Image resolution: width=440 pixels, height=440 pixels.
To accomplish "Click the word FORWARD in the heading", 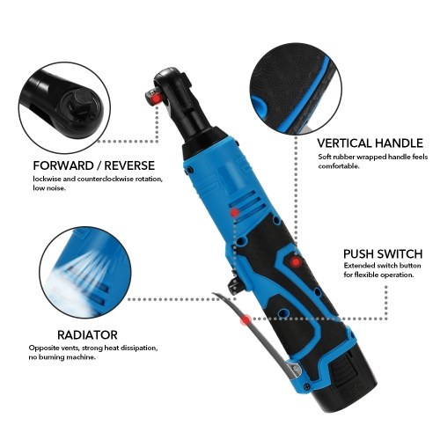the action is [x=63, y=165].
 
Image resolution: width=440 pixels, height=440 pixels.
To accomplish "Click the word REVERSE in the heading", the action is [x=129, y=165].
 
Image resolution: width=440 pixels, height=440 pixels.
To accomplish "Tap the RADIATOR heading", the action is [x=87, y=334].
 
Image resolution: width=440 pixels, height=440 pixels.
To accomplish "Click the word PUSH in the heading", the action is [x=358, y=253].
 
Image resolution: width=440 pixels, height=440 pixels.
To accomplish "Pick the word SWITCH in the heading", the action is [x=400, y=253].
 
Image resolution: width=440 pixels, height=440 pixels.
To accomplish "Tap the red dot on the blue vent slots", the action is [x=235, y=213].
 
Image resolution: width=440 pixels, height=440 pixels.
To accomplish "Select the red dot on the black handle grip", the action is [x=296, y=261].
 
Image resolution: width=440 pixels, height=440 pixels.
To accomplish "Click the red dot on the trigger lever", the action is [x=246, y=320].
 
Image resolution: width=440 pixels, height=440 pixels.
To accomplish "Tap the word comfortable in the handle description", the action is [x=339, y=166].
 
